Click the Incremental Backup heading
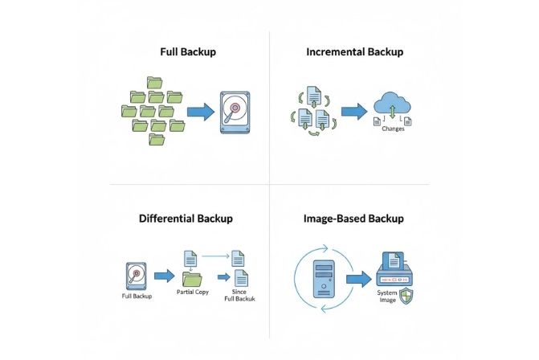coord(354,51)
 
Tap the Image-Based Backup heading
coord(353,218)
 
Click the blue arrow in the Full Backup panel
coord(199,112)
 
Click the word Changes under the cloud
coord(394,129)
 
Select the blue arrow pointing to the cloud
coord(353,111)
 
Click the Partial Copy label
coord(192,292)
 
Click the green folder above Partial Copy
coord(192,279)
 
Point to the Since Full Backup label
coord(239,296)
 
